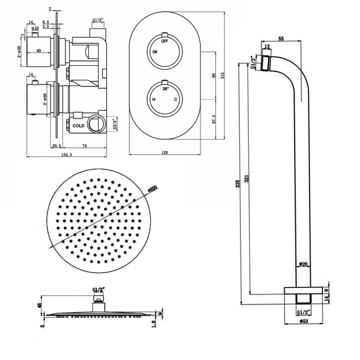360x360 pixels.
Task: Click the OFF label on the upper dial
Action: pyautogui.click(x=164, y=42)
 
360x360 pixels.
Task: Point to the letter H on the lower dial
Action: pyautogui.click(x=153, y=100)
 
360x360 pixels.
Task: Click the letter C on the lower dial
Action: pyautogui.click(x=176, y=100)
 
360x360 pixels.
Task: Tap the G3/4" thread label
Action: pyautogui.click(x=115, y=122)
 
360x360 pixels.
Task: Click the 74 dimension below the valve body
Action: pyautogui.click(x=84, y=146)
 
